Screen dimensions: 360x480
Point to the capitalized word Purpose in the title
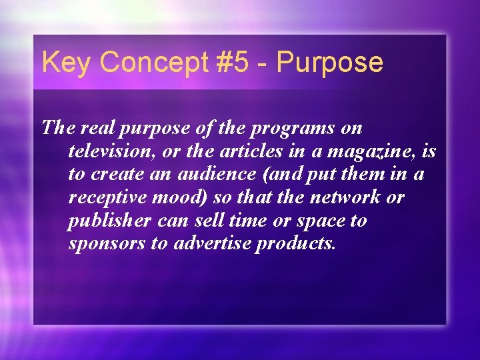330,63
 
